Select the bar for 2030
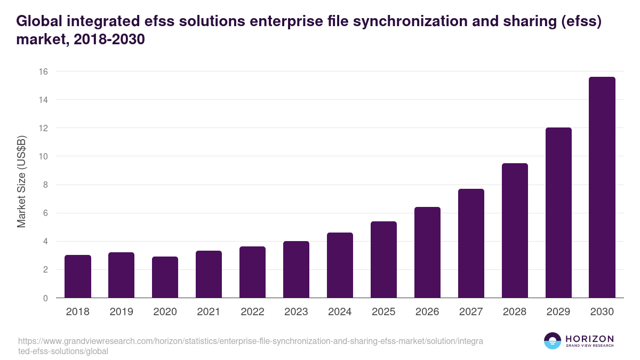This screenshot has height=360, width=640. click(602, 187)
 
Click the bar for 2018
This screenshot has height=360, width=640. click(78, 276)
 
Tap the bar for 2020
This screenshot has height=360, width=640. click(165, 277)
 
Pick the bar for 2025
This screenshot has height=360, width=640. click(383, 260)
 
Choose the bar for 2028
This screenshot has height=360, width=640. click(515, 230)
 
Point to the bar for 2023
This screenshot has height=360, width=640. click(296, 269)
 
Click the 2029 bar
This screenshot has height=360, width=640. click(558, 213)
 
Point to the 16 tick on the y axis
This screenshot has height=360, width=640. click(43, 71)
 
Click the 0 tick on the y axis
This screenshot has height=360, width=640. click(45, 298)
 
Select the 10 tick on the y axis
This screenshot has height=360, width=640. click(43, 156)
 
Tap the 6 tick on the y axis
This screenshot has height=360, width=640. click(45, 213)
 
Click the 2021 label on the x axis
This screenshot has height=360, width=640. click(209, 312)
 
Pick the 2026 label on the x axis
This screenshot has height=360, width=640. click(427, 312)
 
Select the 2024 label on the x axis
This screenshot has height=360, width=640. click(340, 312)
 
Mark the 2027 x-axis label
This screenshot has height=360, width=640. click(471, 312)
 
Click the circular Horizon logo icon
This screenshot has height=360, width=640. click(553, 341)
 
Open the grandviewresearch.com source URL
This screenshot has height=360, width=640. click(250, 346)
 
